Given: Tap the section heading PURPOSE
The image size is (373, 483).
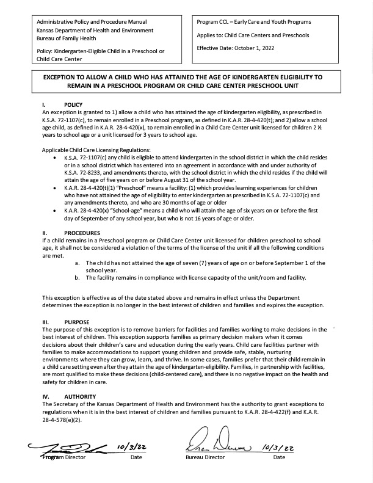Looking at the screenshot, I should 77,321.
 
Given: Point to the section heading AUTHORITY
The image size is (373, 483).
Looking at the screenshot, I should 80,396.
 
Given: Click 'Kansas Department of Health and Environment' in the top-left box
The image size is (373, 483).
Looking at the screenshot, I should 95,30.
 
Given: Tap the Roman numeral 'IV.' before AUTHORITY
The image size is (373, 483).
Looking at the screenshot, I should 45,396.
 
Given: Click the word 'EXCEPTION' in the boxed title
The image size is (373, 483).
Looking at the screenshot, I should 64,79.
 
